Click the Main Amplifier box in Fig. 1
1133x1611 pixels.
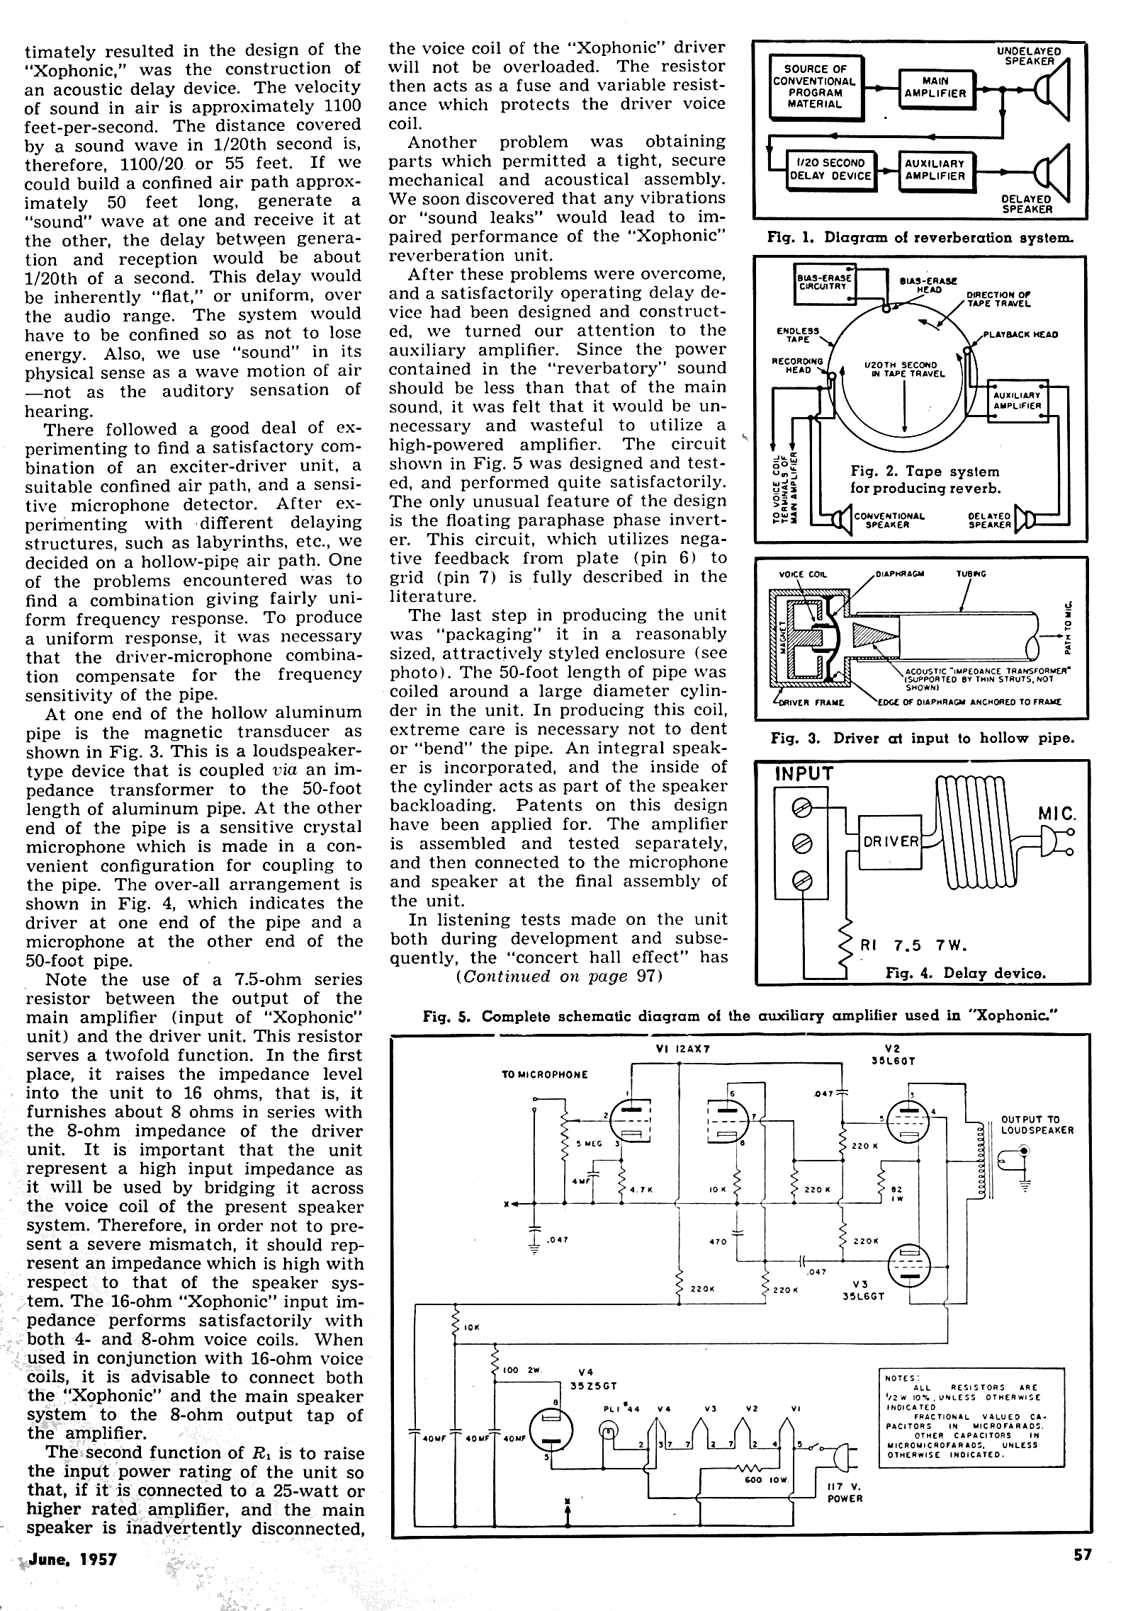click(x=935, y=87)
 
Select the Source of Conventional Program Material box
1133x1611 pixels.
click(x=815, y=86)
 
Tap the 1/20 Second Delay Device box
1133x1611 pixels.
click(x=830, y=170)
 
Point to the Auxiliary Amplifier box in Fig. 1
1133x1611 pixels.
click(x=935, y=170)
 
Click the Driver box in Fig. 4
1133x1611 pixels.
click(x=890, y=841)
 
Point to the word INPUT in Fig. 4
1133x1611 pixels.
click(x=804, y=773)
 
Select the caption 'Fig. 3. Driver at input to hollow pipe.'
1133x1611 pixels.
click(x=922, y=739)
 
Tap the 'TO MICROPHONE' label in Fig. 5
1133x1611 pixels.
click(x=544, y=1074)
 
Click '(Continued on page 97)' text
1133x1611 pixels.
click(x=559, y=977)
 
